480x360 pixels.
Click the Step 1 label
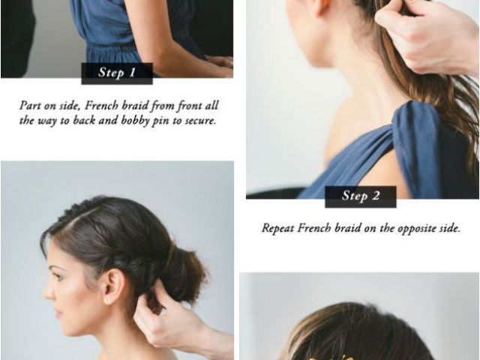[117, 73]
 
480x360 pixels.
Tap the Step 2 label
[361, 196]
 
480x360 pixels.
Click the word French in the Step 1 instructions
[102, 106]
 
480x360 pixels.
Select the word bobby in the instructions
[135, 120]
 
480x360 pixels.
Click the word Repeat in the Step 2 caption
[278, 228]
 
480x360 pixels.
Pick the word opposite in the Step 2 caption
[418, 229]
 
